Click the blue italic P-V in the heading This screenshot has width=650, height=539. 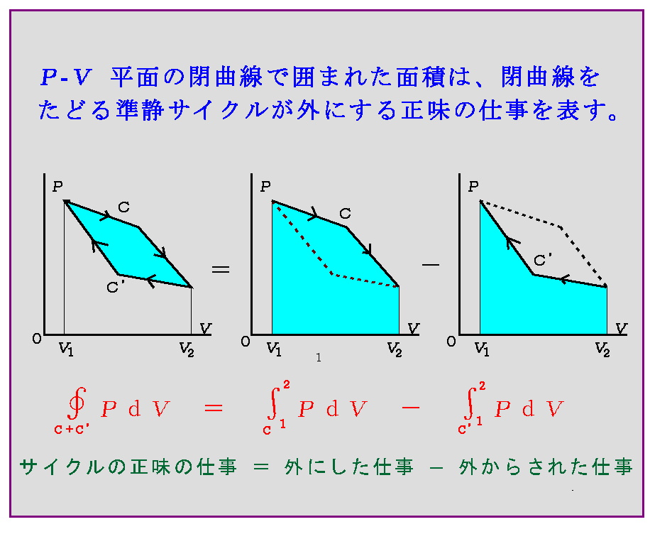(x=65, y=77)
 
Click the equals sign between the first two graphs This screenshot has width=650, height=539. (x=221, y=270)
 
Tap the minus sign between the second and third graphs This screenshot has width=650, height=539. (x=430, y=264)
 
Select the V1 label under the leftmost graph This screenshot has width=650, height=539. (x=66, y=349)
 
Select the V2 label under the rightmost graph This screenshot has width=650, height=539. (x=602, y=349)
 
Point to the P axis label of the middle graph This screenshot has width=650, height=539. (x=265, y=187)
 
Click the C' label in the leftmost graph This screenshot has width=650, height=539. (x=116, y=286)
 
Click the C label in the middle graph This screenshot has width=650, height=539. (x=345, y=214)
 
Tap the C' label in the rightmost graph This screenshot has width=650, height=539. (x=543, y=260)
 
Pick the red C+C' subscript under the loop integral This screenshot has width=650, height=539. (x=72, y=429)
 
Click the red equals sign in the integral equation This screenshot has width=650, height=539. (x=214, y=408)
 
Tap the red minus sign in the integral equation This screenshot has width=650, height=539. (x=410, y=408)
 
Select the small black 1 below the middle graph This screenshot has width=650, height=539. (x=319, y=357)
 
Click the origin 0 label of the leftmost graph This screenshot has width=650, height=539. (x=37, y=339)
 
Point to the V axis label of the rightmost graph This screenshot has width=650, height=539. (x=621, y=328)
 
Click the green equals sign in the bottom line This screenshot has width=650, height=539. (x=261, y=467)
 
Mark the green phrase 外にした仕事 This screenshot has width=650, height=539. (x=349, y=467)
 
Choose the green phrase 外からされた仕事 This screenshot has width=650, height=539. (x=546, y=467)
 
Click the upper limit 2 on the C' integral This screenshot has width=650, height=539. (x=482, y=386)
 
